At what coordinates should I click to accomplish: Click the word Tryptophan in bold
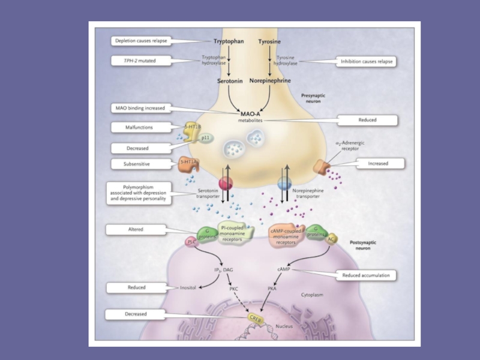229,42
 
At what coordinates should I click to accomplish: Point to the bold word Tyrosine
269,42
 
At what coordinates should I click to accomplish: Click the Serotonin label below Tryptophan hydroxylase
230,80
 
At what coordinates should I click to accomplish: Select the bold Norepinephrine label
270,80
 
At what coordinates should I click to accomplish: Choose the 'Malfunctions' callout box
140,127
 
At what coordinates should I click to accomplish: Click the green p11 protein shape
205,137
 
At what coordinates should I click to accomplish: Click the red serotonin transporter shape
226,183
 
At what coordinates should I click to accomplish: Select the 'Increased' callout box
378,163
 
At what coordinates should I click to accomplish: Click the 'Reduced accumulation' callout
366,275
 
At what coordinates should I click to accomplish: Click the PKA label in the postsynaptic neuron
272,289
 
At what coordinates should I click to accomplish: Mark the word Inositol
188,288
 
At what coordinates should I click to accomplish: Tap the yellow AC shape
331,239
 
